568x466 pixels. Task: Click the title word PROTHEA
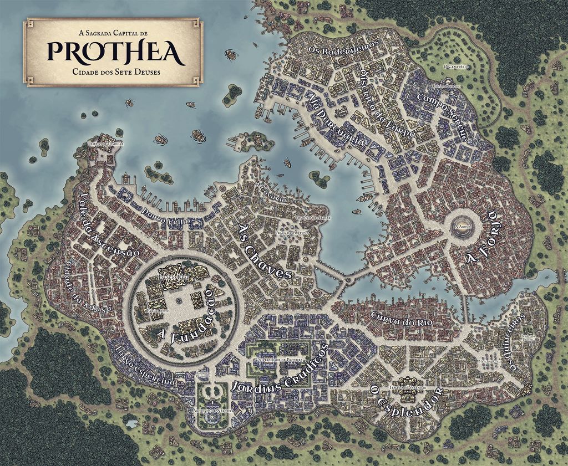115,52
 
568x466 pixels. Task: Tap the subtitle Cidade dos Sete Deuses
115,72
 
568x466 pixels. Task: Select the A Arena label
461,228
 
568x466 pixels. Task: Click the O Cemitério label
457,66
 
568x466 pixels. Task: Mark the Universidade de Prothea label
277,360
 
